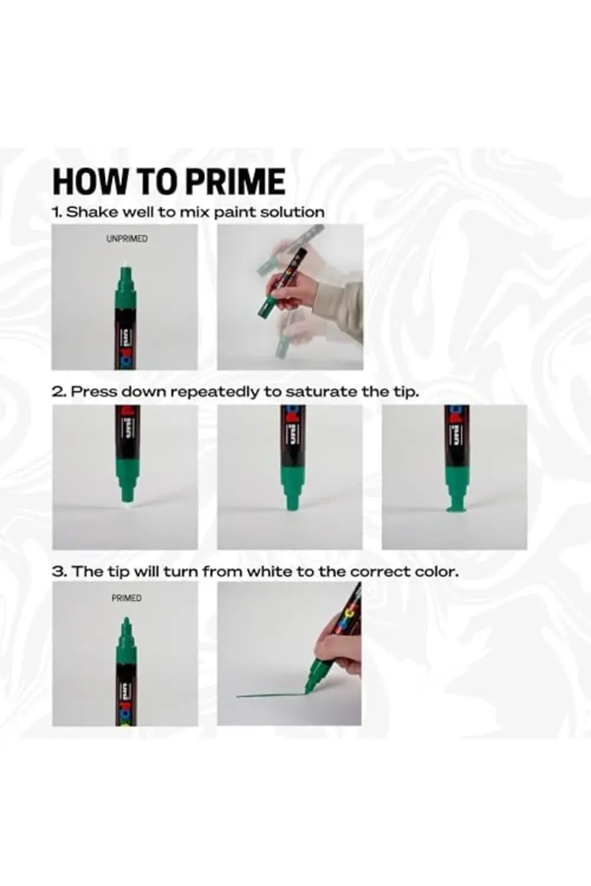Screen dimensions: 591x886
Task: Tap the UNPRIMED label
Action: click(126, 239)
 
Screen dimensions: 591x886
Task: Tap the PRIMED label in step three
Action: click(126, 598)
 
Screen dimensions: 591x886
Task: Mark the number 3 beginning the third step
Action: click(58, 572)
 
